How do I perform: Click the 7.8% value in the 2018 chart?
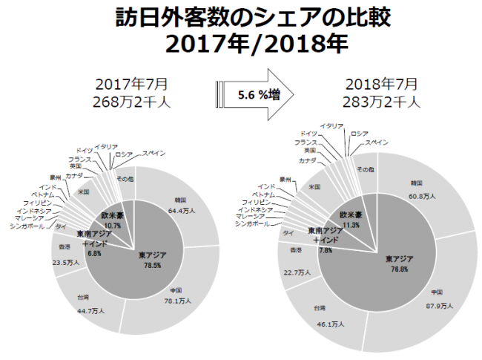326,250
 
